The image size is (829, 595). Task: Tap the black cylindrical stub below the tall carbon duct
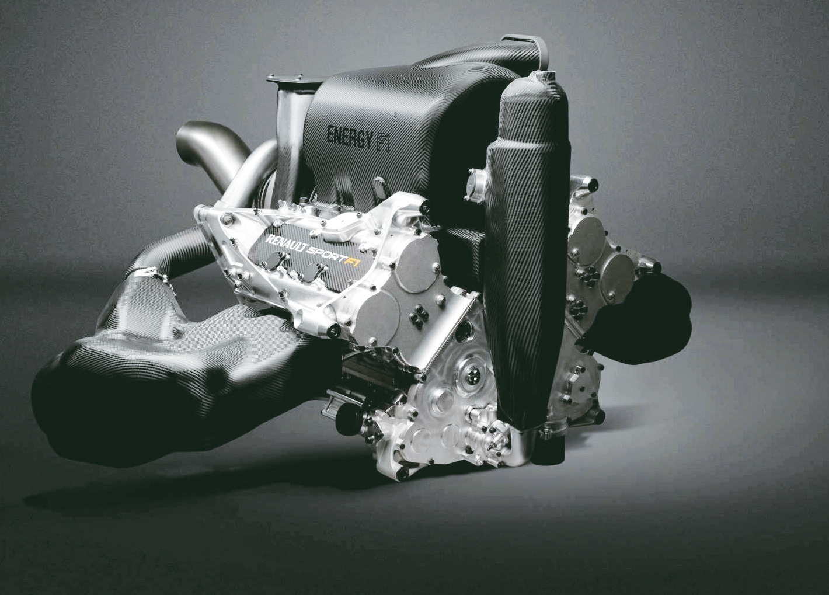click(x=549, y=447)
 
